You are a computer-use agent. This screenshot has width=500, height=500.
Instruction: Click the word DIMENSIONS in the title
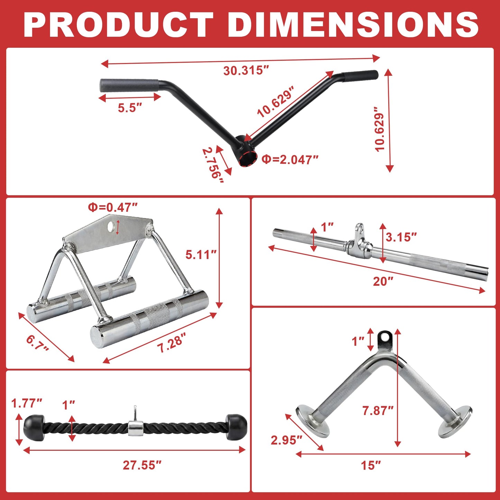pyautogui.click(x=353, y=25)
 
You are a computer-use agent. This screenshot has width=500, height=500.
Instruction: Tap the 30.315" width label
pyautogui.click(x=246, y=71)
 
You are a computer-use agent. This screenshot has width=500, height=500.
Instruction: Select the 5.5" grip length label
pyautogui.click(x=130, y=107)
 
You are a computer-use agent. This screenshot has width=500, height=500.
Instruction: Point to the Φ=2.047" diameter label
pyautogui.click(x=290, y=159)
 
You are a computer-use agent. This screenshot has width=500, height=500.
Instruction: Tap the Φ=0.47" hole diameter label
pyautogui.click(x=112, y=207)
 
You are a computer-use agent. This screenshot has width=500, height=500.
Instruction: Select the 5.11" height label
pyautogui.click(x=201, y=255)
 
